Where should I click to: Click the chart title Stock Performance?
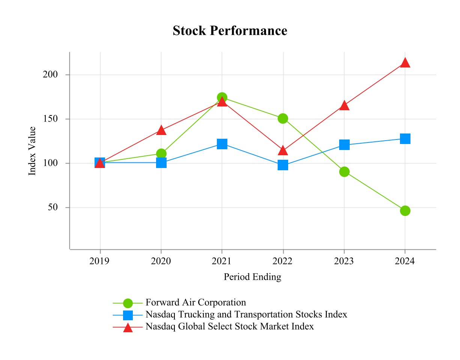(230, 31)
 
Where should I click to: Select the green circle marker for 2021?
(222, 97)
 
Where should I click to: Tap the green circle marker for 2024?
(405, 211)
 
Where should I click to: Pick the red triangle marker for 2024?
(405, 63)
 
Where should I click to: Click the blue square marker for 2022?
(283, 165)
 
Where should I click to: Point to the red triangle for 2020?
(161, 130)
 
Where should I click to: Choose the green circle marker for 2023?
(344, 172)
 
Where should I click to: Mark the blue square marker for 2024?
(405, 139)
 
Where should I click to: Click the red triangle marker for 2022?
(283, 151)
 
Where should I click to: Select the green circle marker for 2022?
(283, 118)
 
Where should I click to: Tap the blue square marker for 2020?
(161, 163)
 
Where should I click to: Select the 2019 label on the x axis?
(100, 261)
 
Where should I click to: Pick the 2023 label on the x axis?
(344, 261)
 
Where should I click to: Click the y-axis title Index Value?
(33, 151)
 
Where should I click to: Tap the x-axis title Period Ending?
(253, 277)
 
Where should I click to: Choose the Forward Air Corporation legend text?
(196, 302)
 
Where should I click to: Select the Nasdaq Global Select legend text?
(230, 326)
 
